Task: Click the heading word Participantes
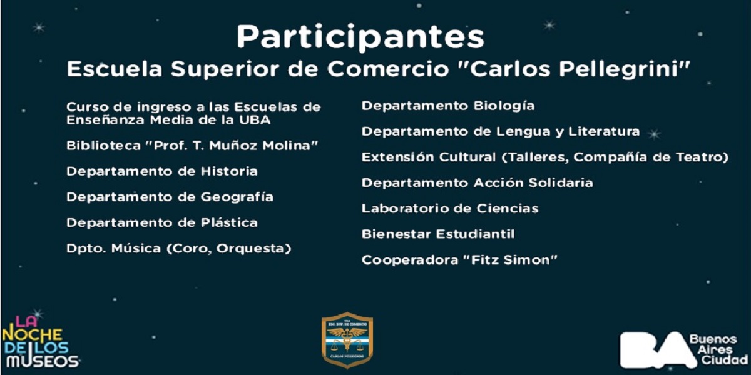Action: (360, 37)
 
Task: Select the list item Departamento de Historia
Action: (162, 171)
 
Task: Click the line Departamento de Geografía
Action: (170, 197)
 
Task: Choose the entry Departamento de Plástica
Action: (162, 222)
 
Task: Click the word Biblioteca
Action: (103, 146)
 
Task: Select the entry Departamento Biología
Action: (448, 106)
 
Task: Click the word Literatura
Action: (604, 131)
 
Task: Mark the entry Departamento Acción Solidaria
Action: (477, 182)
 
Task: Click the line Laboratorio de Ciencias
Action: (450, 209)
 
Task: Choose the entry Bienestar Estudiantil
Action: (438, 234)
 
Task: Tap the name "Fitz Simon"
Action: (510, 260)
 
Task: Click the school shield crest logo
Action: (347, 340)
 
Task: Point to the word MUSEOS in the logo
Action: (43, 361)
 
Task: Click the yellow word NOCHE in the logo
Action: (32, 334)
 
